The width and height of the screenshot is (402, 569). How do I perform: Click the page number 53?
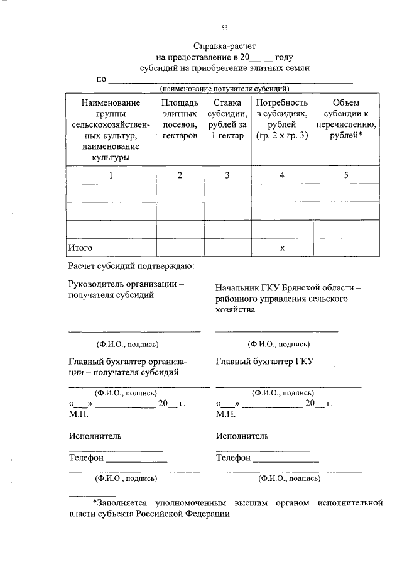[224, 27]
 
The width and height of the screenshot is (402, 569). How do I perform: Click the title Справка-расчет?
[225, 46]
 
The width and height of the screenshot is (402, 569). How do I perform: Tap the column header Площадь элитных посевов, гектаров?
[180, 119]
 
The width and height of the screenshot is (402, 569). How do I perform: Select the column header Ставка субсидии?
[227, 119]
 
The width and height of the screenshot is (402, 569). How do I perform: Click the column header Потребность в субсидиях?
[282, 119]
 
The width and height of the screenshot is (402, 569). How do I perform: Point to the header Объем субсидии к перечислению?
[346, 119]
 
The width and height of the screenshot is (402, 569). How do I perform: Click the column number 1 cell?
[111, 175]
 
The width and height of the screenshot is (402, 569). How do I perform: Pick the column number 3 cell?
[227, 175]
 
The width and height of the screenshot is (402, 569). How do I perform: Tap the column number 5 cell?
[346, 175]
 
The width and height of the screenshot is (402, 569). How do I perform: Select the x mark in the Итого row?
[282, 248]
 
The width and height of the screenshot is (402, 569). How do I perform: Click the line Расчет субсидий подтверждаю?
[132, 267]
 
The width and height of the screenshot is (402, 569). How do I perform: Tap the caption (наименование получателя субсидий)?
[224, 89]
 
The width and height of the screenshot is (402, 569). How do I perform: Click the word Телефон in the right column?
[233, 458]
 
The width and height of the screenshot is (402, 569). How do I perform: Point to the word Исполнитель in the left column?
[95, 436]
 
